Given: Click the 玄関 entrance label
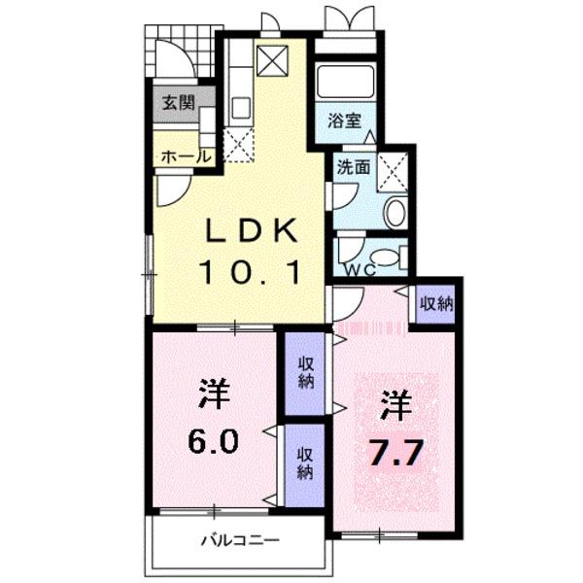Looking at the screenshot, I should (178, 103).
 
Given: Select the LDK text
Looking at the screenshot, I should (249, 232).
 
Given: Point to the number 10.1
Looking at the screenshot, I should (249, 271).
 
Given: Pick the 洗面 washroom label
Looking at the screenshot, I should (353, 167).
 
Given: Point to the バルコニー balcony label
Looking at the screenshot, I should (240, 539).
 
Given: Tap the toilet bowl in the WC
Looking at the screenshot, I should (387, 257).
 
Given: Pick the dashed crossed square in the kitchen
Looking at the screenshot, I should (239, 146).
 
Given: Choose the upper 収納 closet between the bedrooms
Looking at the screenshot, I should (305, 372).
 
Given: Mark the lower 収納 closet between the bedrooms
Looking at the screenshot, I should (305, 464).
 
